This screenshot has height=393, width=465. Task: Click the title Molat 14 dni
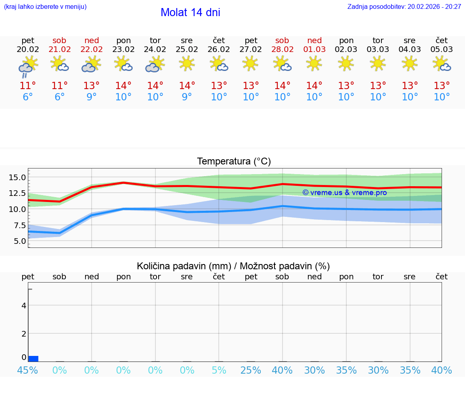click(x=190, y=12)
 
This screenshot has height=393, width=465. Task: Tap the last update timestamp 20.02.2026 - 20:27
click(x=434, y=7)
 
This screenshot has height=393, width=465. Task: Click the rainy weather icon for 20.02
click(x=28, y=66)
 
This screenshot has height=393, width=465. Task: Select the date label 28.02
click(x=282, y=50)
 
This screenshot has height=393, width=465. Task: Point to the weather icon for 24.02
click(x=155, y=64)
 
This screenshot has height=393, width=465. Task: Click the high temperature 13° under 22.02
click(x=92, y=86)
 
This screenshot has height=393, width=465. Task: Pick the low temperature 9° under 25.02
click(x=187, y=97)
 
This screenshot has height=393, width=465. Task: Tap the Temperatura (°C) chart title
click(x=234, y=162)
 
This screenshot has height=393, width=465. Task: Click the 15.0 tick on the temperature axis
click(x=17, y=177)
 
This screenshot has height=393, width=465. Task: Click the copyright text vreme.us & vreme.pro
click(x=344, y=193)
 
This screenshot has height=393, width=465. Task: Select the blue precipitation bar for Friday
click(x=33, y=359)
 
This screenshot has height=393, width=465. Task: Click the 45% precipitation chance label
click(x=28, y=370)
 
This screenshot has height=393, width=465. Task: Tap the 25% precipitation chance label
click(x=251, y=370)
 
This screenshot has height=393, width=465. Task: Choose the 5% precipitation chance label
click(x=219, y=370)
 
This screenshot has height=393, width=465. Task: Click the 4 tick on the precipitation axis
click(x=24, y=306)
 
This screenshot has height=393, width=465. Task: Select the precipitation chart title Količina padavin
click(x=233, y=266)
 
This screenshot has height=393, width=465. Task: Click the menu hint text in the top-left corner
click(x=45, y=7)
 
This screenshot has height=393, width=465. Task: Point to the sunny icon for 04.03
click(x=410, y=64)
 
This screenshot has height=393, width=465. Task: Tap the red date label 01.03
click(x=314, y=50)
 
